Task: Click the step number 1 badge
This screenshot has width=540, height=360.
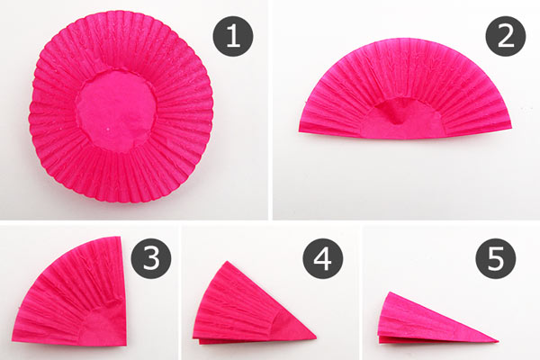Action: (233, 37)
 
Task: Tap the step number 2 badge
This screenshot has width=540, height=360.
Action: (506, 37)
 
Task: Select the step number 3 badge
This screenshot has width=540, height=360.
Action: (151, 258)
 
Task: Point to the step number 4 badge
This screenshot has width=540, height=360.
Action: (323, 258)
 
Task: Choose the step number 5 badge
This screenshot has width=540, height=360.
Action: (496, 258)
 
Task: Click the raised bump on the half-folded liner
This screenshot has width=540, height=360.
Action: (396, 112)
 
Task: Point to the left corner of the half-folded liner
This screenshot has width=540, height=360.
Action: (300, 130)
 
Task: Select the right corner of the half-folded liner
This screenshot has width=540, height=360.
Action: (512, 128)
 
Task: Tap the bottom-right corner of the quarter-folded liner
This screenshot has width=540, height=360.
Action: (125, 345)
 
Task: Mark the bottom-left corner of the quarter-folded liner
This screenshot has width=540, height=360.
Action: (13, 338)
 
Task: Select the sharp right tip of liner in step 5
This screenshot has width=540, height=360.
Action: (499, 341)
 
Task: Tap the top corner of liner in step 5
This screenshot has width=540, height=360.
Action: (389, 292)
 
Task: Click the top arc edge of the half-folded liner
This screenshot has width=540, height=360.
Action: (407, 40)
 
